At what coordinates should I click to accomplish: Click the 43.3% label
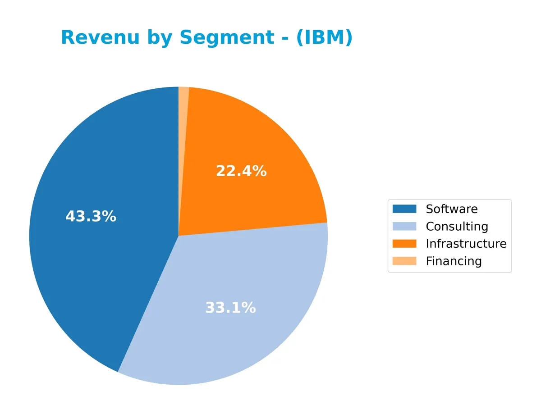(x=91, y=217)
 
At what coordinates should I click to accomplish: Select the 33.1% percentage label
(x=230, y=308)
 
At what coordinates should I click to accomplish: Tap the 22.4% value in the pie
(x=241, y=171)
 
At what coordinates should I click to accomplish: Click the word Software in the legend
(x=451, y=209)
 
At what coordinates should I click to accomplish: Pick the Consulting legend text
(x=457, y=227)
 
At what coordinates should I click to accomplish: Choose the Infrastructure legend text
(x=466, y=244)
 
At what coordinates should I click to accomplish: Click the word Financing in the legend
(x=454, y=261)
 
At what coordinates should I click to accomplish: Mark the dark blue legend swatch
(x=404, y=209)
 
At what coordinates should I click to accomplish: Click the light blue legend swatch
(x=404, y=226)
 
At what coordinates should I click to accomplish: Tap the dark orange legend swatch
(x=404, y=244)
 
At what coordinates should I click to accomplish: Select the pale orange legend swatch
(x=404, y=261)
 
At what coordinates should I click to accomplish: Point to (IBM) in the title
(x=324, y=38)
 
